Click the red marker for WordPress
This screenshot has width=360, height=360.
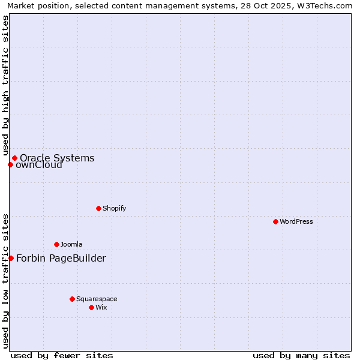pyautogui.click(x=275, y=221)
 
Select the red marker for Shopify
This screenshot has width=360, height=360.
pyautogui.click(x=98, y=208)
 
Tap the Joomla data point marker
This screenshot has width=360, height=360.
pyautogui.click(x=56, y=244)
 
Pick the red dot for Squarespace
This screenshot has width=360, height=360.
pyautogui.click(x=72, y=299)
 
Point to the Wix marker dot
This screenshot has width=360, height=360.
pyautogui.click(x=91, y=307)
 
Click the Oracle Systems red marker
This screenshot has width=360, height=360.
pyautogui.click(x=14, y=158)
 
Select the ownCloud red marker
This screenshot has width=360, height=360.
pyautogui.click(x=10, y=164)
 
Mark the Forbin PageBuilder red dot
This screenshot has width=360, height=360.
pyautogui.click(x=11, y=258)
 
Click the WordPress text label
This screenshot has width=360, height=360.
pyautogui.click(x=296, y=221)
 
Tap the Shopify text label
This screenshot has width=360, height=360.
pyautogui.click(x=114, y=208)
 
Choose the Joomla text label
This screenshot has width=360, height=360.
pyautogui.click(x=71, y=244)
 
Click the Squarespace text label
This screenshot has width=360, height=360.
pyautogui.click(x=97, y=299)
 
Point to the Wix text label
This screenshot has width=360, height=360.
pyautogui.click(x=101, y=307)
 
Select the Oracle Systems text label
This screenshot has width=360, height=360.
pyautogui.click(x=57, y=158)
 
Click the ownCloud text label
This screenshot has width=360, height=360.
pyautogui.click(x=39, y=165)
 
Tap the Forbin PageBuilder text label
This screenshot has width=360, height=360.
pyautogui.click(x=61, y=259)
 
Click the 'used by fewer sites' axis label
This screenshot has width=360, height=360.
pyautogui.click(x=62, y=355)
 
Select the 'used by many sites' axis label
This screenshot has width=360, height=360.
pyautogui.click(x=301, y=355)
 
